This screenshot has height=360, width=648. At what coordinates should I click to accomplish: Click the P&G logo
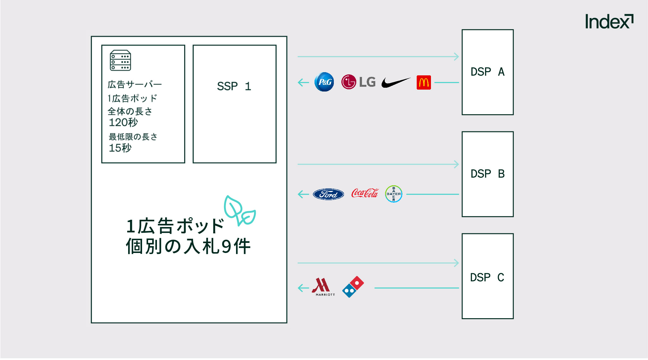[324, 82]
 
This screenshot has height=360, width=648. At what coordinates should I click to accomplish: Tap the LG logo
[358, 82]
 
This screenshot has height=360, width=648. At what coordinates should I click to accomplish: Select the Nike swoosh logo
[396, 83]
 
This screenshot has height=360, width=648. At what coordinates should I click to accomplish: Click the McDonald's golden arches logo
[424, 83]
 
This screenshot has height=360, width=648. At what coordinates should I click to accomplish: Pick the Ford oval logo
[328, 194]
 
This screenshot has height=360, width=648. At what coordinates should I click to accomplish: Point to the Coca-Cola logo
[365, 193]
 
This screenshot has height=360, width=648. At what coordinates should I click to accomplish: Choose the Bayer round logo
[394, 194]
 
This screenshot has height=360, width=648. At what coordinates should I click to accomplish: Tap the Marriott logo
[323, 287]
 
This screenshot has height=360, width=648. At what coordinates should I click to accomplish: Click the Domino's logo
[353, 287]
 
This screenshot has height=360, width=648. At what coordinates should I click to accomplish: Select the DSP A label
[487, 72]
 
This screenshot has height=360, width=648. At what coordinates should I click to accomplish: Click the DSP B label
[487, 174]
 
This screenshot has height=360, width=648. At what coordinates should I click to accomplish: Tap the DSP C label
[487, 278]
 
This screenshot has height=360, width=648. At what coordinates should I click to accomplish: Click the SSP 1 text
[234, 86]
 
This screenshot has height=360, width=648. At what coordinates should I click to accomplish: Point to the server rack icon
[120, 60]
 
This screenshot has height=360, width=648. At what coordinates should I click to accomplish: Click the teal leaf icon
[240, 211]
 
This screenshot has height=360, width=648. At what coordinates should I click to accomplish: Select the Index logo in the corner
[609, 22]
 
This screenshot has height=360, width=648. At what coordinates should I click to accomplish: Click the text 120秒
[123, 122]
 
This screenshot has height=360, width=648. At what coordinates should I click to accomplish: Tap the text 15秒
[120, 148]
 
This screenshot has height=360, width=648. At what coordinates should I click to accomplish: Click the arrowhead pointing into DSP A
[457, 57]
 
